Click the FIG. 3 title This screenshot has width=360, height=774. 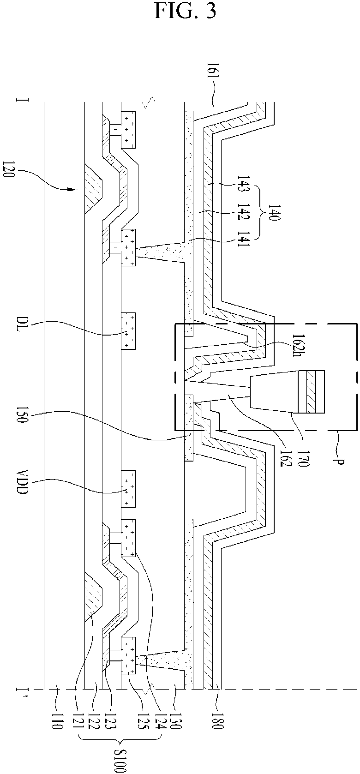(x=185, y=10)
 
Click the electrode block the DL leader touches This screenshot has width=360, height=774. (x=128, y=330)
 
